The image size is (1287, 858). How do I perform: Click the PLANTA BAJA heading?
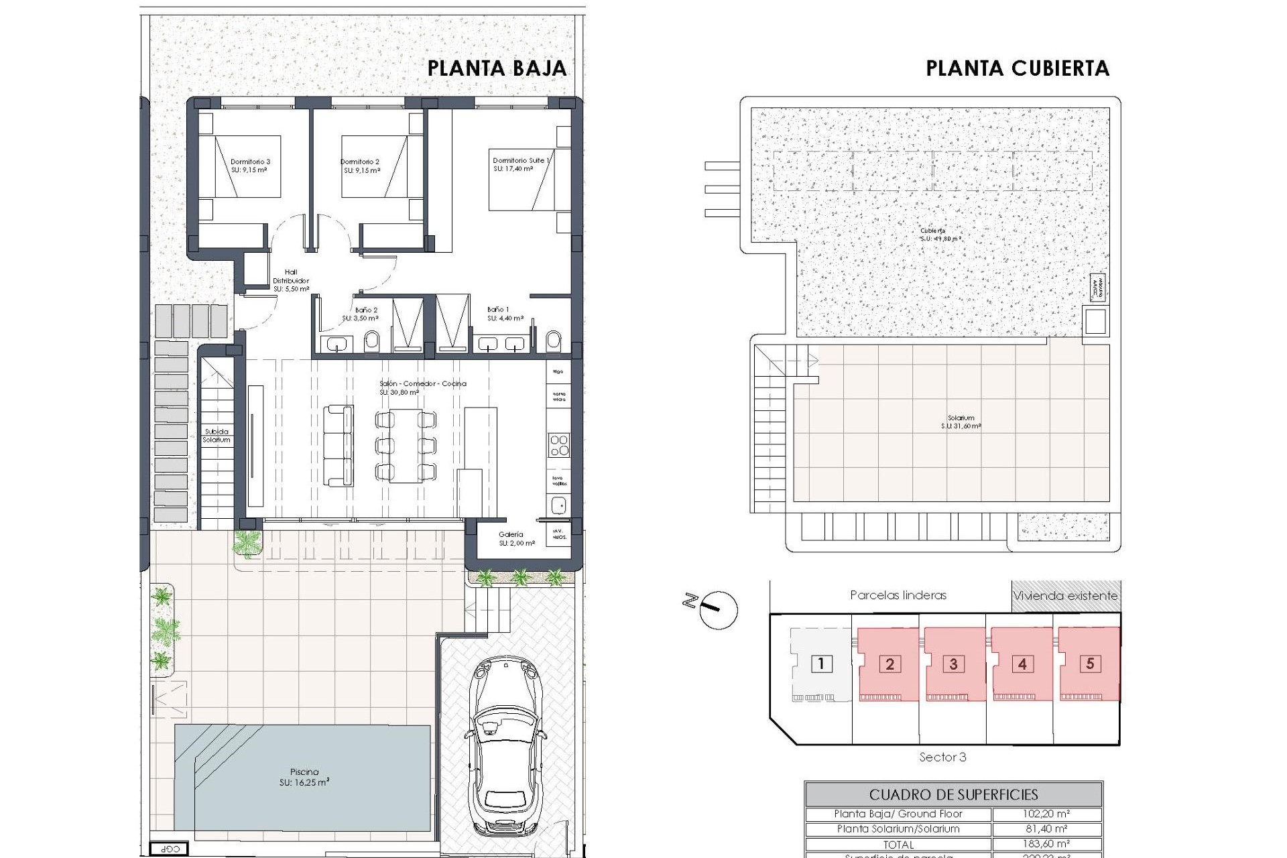497,68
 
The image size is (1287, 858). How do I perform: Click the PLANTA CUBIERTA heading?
1017,68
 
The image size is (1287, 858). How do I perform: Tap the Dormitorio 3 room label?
250,166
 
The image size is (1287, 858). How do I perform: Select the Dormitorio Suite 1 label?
521,164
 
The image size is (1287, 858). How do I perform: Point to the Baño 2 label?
366,314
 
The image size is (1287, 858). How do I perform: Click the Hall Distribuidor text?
291,280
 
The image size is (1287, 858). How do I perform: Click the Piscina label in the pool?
304,776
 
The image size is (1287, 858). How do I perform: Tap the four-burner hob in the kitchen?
558,445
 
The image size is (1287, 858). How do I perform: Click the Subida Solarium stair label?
217,436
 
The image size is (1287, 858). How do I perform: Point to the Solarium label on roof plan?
961,422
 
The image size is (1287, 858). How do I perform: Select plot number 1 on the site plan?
821,664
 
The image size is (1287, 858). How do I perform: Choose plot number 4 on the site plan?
1022,664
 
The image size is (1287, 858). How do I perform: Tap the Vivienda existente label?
1065,595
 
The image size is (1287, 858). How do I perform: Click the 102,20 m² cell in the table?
1046,814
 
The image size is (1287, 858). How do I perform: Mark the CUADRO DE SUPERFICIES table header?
953,794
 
